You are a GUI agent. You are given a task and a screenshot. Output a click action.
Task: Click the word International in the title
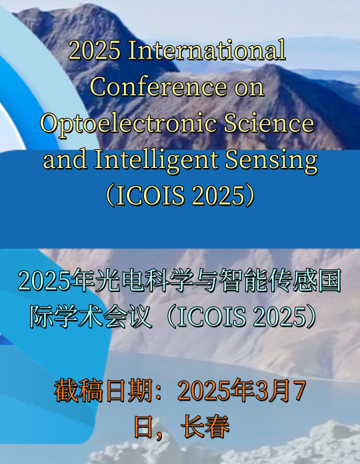pos(207,50)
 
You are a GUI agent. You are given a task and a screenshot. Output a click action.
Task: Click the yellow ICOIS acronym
pos(150,195)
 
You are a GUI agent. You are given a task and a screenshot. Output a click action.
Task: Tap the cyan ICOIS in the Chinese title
pos(211,317)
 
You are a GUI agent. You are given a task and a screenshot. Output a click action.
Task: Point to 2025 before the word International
pos(95,51)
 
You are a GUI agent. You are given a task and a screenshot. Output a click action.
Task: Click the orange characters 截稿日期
pos(103,391)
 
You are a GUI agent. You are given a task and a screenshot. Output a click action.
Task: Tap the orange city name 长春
pos(206,427)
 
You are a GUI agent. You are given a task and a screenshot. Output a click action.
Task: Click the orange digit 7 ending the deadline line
pos(299,391)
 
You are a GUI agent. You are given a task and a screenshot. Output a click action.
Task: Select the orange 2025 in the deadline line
pos(204,391)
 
